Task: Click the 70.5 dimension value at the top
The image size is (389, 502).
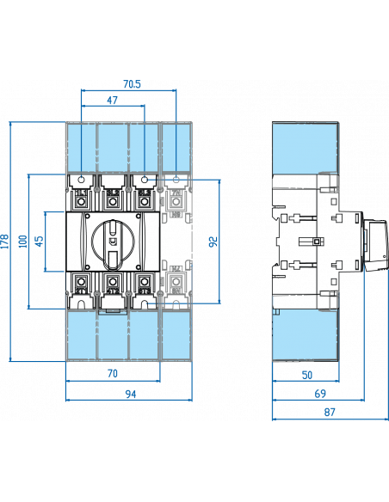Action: coord(132,84)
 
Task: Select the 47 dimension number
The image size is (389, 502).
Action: coord(112,101)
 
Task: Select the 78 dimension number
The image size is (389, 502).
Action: coord(112,373)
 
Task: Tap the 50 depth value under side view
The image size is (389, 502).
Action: coord(307,376)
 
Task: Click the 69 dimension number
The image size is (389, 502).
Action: coord(318,394)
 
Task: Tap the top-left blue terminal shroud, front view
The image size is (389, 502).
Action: coord(80,148)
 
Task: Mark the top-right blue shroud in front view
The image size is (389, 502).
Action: coord(176,148)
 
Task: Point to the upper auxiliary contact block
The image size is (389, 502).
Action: coord(176,202)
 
